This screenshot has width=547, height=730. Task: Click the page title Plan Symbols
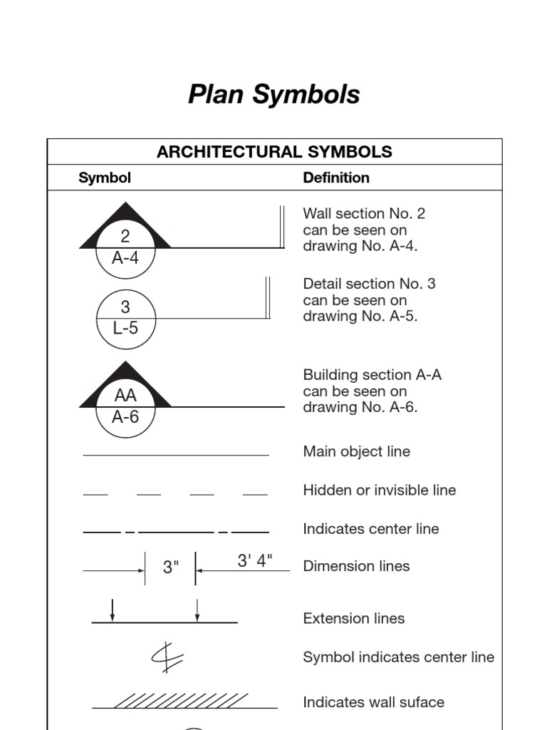[x=273, y=94]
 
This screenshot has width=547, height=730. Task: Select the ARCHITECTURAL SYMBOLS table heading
[x=274, y=152]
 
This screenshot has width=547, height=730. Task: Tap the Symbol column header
[x=105, y=178]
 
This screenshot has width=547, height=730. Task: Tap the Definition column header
[x=336, y=178]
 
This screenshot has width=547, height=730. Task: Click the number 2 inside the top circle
[x=125, y=237]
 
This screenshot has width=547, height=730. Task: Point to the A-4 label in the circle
[x=125, y=258]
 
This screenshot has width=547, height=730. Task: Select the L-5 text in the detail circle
[x=125, y=329]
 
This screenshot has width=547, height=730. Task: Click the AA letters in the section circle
[x=125, y=396]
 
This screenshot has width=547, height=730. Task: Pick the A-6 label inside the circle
[x=125, y=416]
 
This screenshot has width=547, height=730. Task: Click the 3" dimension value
[x=171, y=567]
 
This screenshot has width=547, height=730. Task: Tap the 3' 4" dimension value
[x=255, y=561]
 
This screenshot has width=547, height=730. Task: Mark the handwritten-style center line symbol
[x=162, y=657]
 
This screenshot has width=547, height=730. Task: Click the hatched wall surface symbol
[x=181, y=701]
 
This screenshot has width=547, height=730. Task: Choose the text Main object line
[x=356, y=451]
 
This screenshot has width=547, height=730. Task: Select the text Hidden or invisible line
[x=379, y=490]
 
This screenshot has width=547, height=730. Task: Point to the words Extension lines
[x=353, y=619]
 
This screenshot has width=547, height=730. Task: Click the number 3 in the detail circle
[x=125, y=307]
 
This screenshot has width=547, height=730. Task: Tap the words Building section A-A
[x=372, y=375]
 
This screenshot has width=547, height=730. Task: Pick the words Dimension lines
[x=356, y=566]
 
